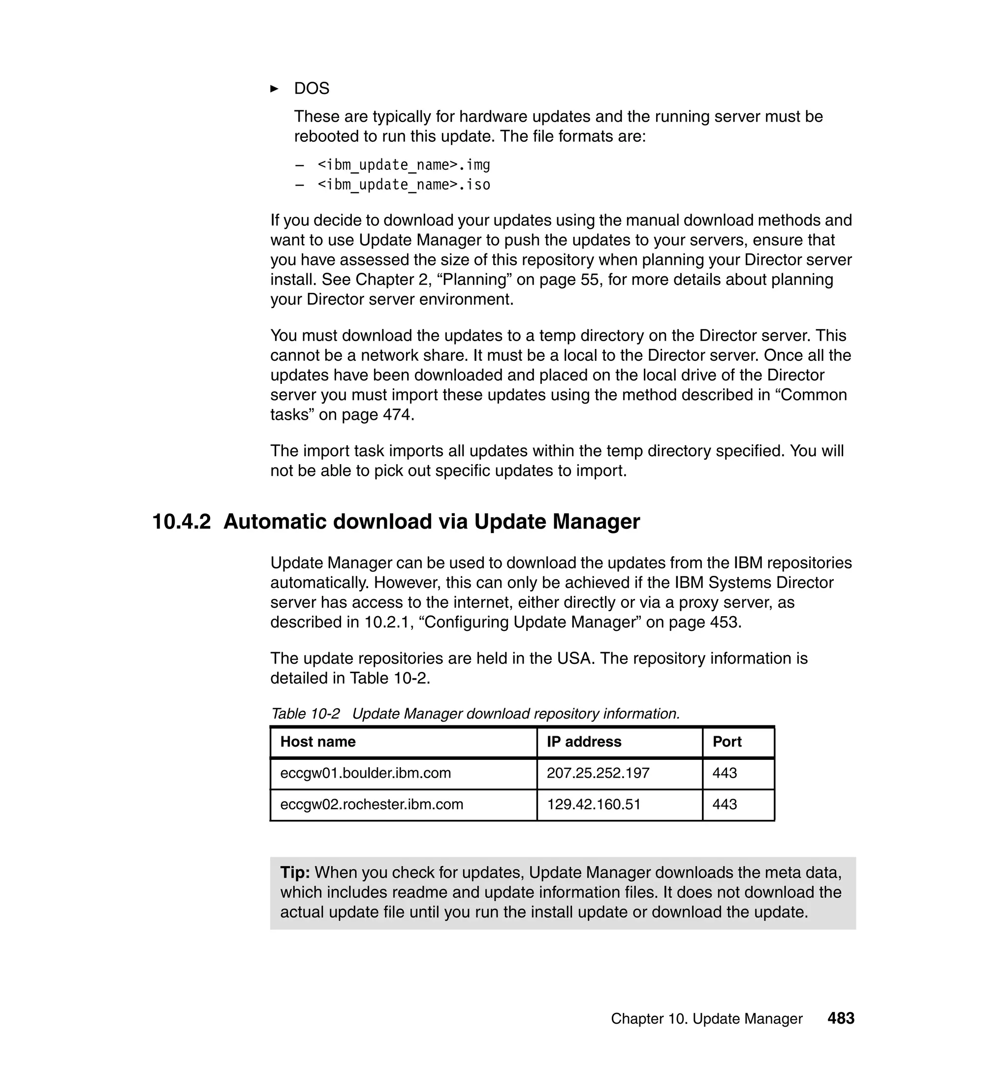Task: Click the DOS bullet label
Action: pos(311,88)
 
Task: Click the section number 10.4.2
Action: pos(182,522)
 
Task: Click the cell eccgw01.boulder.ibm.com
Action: pos(365,773)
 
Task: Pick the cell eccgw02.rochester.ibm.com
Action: pos(371,804)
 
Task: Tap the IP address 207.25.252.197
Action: pos(598,773)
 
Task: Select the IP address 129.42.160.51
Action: pos(593,804)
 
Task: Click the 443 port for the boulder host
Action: pos(724,773)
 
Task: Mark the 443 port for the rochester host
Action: pos(724,804)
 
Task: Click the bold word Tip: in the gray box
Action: pos(295,872)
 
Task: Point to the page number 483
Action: pos(841,1018)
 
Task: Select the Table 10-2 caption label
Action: pos(305,714)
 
